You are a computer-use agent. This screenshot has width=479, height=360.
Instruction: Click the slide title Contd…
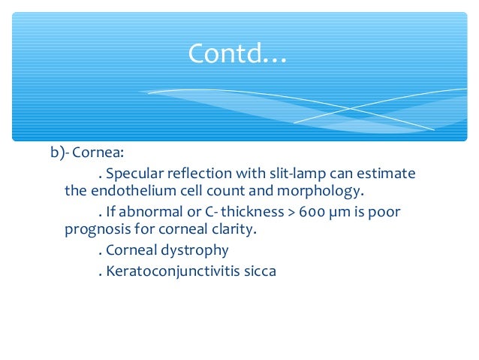237,53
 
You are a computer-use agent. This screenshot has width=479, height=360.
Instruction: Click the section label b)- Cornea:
83,153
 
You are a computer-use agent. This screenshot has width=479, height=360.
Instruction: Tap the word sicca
258,270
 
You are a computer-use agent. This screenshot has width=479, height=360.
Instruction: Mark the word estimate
386,174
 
